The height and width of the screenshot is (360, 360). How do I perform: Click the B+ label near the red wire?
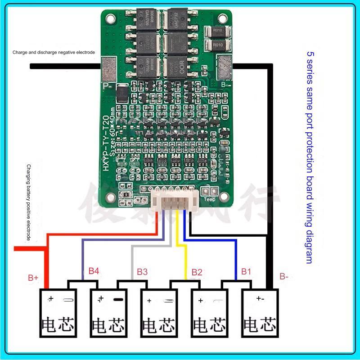coord(33,278)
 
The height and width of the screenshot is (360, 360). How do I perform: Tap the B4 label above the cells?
coord(94,271)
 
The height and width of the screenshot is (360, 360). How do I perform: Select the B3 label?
coord(142,272)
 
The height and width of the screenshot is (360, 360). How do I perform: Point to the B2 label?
coord(197,272)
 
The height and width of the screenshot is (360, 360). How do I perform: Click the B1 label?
coord(246,271)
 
